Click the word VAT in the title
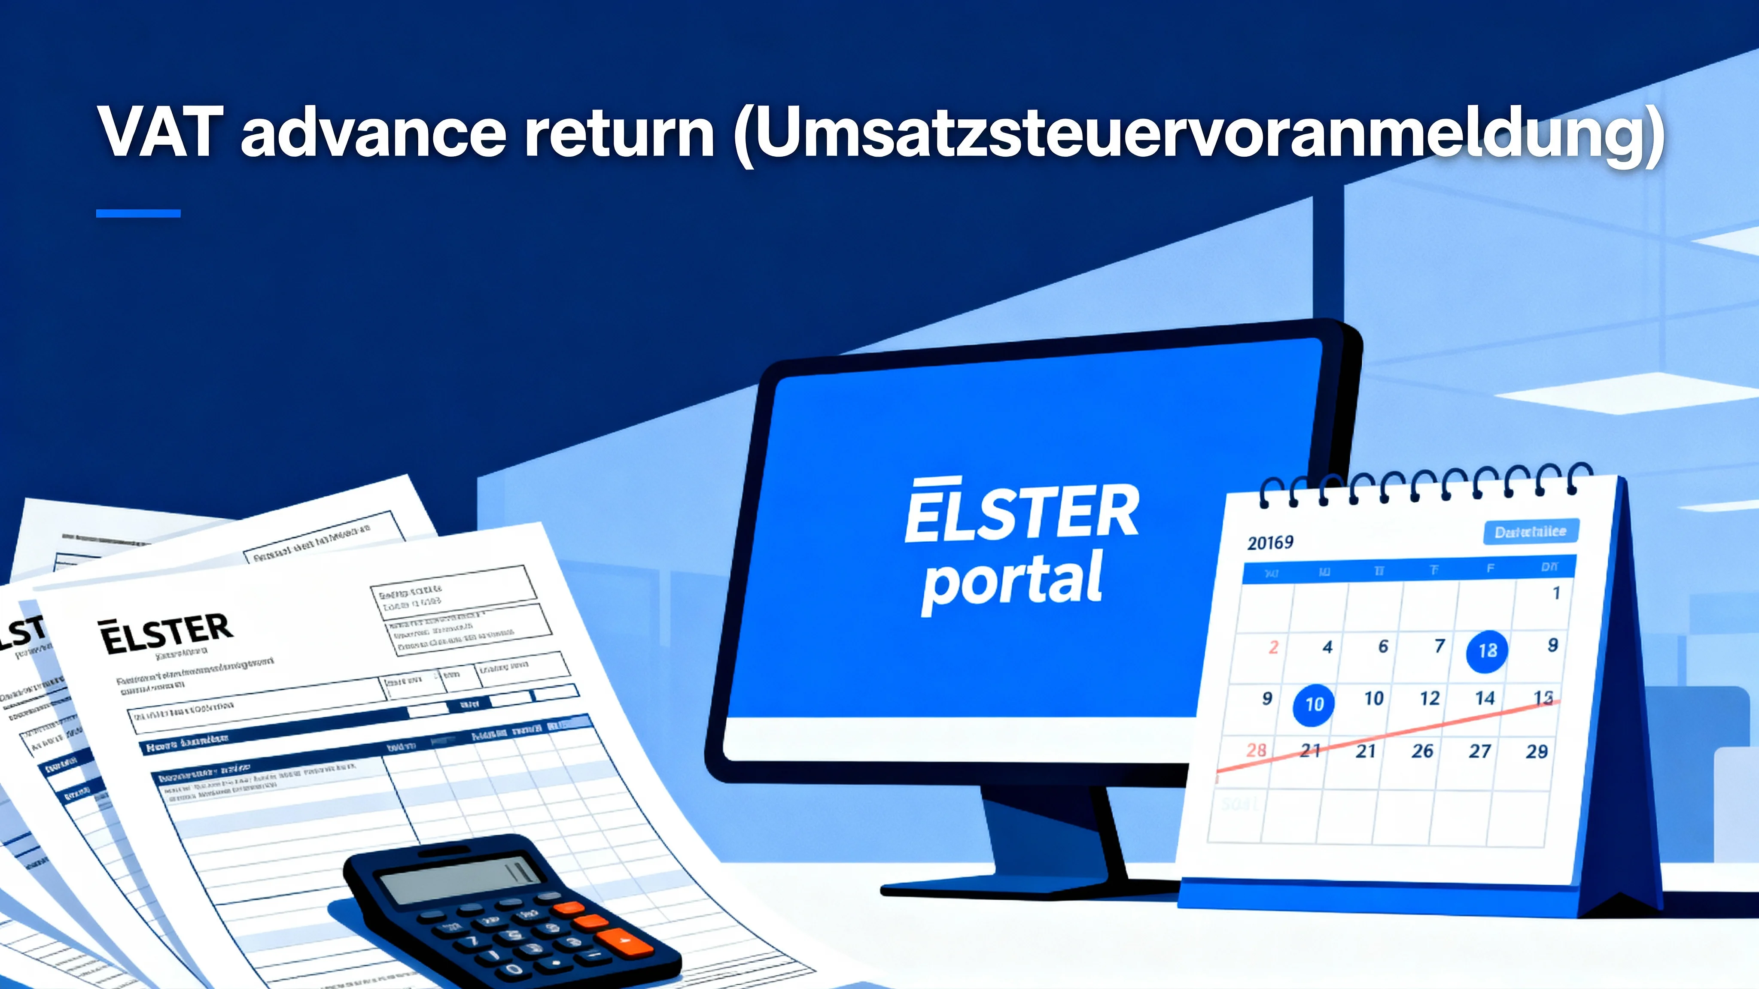click(x=161, y=132)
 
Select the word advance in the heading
click(x=373, y=132)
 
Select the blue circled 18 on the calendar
click(x=1487, y=651)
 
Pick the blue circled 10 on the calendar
click(x=1313, y=704)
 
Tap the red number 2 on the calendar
click(x=1273, y=647)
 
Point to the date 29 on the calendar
click(x=1537, y=752)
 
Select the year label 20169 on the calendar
click(x=1270, y=543)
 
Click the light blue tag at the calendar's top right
click(x=1530, y=532)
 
